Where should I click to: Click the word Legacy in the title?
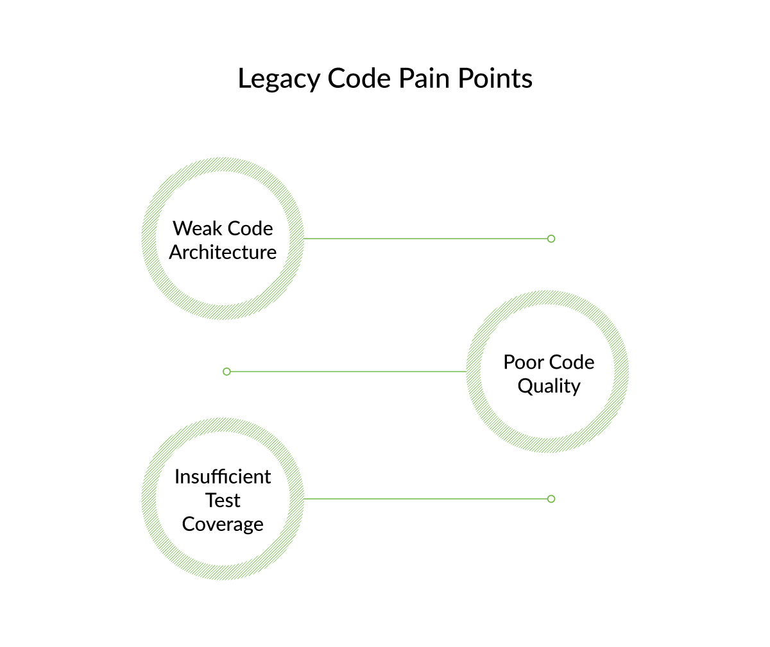pyautogui.click(x=279, y=80)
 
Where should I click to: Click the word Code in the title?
pyautogui.click(x=359, y=78)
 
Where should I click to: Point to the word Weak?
pyautogui.click(x=196, y=228)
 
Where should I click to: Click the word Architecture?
pyautogui.click(x=223, y=252)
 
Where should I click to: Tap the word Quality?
pyautogui.click(x=549, y=386)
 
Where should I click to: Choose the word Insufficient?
pyautogui.click(x=223, y=476)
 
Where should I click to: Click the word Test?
pyautogui.click(x=223, y=500)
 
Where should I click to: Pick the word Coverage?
pyautogui.click(x=223, y=524)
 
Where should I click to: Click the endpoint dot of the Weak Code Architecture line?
pyautogui.click(x=551, y=239)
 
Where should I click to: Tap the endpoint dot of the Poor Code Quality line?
pyautogui.click(x=227, y=371)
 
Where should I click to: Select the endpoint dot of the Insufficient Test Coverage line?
pyautogui.click(x=551, y=499)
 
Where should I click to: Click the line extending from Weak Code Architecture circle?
pyautogui.click(x=424, y=239)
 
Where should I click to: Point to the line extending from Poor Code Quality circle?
pyautogui.click(x=346, y=371)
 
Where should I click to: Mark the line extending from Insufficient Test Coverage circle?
pyautogui.click(x=424, y=499)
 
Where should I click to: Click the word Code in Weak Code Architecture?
pyautogui.click(x=250, y=228)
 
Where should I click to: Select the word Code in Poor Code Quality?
pyautogui.click(x=572, y=362)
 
